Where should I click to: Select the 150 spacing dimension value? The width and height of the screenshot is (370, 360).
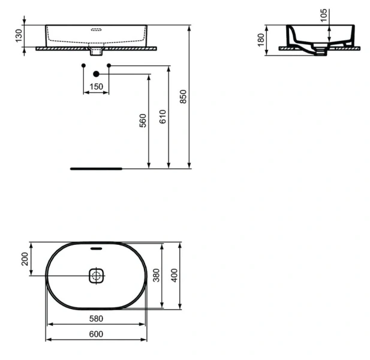pos(96,86)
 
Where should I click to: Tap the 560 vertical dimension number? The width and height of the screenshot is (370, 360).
pos(143,121)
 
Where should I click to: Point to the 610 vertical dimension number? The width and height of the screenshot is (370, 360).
pos(163,117)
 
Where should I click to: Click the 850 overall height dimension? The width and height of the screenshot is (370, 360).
pos(184,96)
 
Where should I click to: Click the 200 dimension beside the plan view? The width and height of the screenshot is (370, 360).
pos(25,259)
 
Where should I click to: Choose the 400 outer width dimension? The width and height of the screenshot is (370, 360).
pos(175,276)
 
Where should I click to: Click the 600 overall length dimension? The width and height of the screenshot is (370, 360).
pos(96,334)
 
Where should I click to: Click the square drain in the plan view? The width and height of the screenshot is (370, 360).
pos(97,276)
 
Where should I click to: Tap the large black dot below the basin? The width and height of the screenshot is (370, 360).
pos(96,74)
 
